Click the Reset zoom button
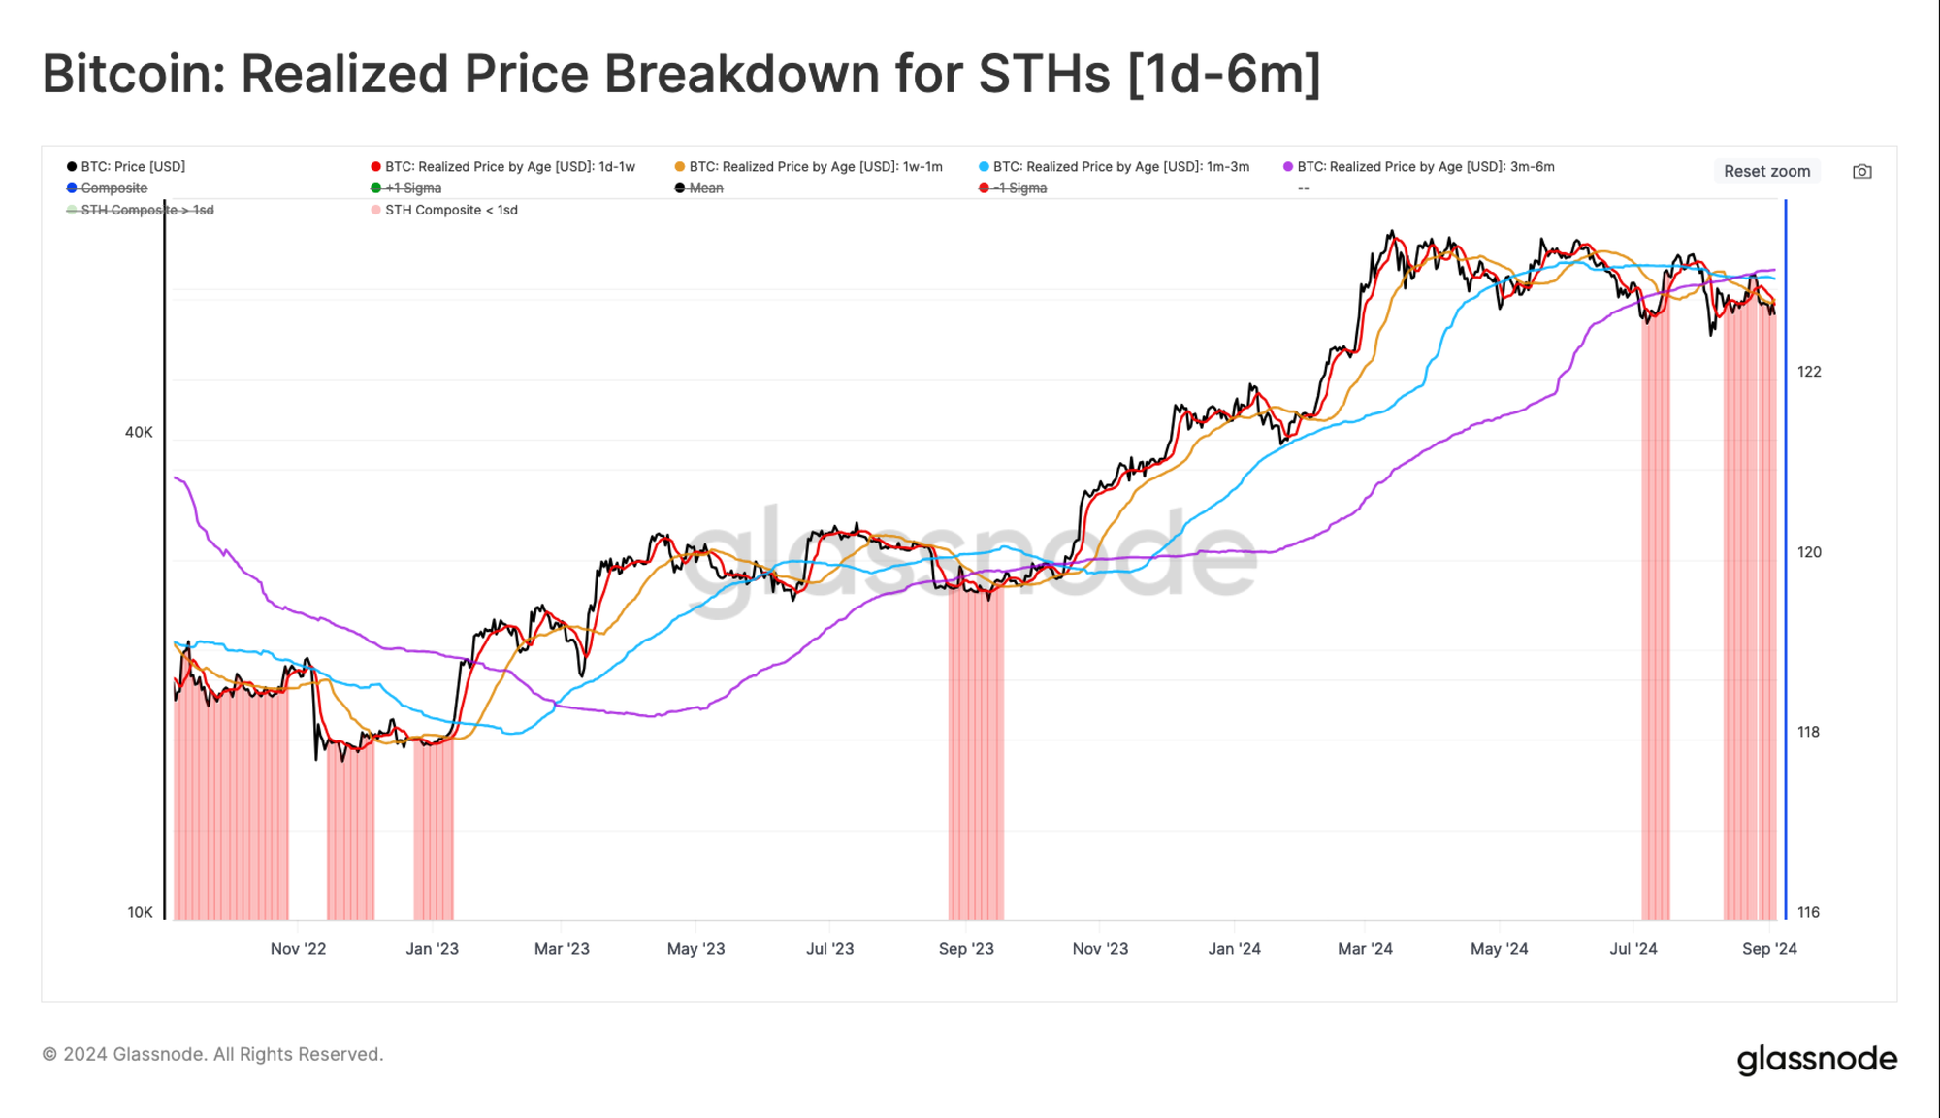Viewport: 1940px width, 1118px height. [x=1766, y=171]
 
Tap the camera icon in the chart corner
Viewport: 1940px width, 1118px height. [x=1861, y=172]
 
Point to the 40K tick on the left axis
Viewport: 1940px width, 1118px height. [x=139, y=432]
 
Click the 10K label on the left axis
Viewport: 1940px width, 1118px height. [x=140, y=912]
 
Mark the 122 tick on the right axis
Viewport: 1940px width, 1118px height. [x=1809, y=372]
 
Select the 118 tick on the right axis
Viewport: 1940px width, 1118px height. [x=1808, y=732]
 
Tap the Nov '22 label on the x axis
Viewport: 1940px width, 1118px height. [x=298, y=949]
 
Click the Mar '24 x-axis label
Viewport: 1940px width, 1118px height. [x=1365, y=949]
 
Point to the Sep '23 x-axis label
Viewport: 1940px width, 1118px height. [x=966, y=949]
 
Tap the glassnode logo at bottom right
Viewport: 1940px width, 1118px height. [x=1817, y=1059]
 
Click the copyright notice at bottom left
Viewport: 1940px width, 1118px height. [x=212, y=1054]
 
